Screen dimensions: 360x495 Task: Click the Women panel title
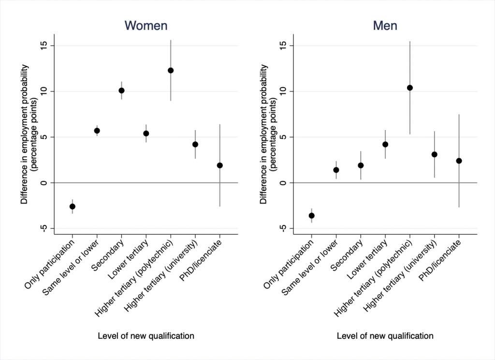[146, 26]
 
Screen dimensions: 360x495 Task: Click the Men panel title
[385, 26]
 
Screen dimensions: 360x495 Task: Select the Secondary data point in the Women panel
[122, 90]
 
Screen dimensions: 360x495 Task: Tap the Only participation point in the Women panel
[73, 207]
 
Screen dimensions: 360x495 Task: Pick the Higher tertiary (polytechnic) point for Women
[171, 71]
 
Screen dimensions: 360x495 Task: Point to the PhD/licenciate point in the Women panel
[220, 165]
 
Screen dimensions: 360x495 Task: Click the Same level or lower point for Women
[97, 131]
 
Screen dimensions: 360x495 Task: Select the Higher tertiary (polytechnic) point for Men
[410, 88]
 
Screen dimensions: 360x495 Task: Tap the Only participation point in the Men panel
[312, 216]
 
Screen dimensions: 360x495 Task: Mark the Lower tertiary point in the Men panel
[385, 144]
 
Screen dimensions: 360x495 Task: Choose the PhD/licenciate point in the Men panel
[459, 161]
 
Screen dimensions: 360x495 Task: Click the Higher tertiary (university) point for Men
[435, 154]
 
